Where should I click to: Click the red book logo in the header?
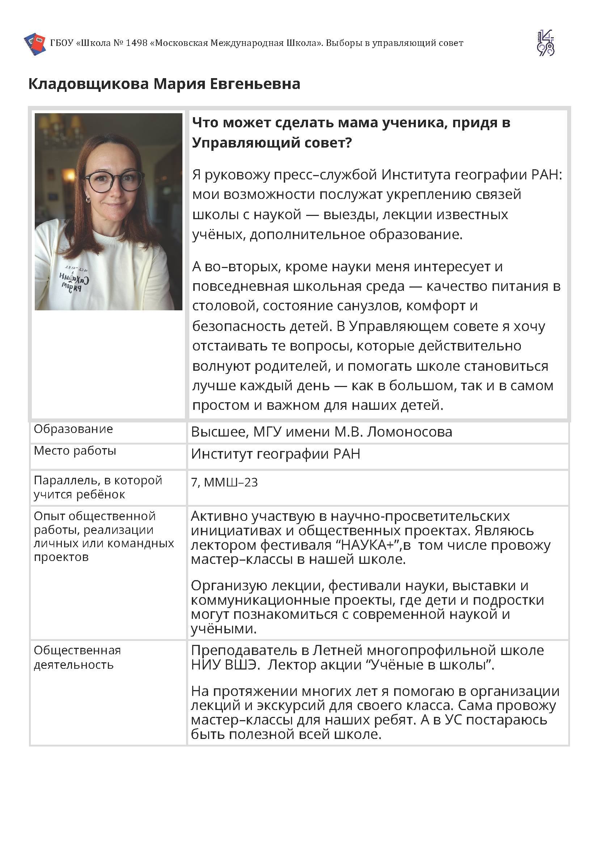[35, 43]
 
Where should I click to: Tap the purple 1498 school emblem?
[545, 43]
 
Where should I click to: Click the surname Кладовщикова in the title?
[89, 84]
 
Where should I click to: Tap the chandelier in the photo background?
[63, 127]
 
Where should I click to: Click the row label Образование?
[73, 429]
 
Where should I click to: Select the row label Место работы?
[75, 451]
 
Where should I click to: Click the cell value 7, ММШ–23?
[224, 482]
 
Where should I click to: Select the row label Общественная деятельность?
[77, 657]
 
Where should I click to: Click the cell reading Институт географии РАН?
[275, 454]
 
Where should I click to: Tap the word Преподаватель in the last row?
[244, 650]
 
